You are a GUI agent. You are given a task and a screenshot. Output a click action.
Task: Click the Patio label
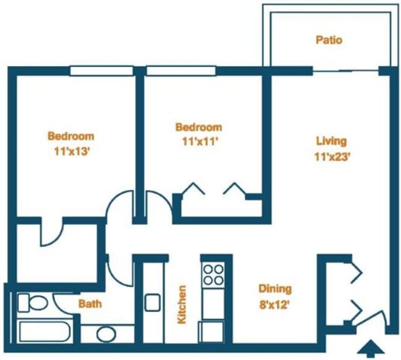click(x=329, y=40)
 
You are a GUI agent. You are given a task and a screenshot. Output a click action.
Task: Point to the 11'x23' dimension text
click(x=331, y=157)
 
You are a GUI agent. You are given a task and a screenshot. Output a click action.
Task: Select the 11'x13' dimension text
click(x=70, y=151)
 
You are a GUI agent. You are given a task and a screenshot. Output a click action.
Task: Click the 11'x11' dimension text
click(x=198, y=142)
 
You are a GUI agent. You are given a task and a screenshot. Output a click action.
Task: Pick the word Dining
click(x=275, y=289)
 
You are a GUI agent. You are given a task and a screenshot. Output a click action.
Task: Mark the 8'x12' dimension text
click(x=275, y=304)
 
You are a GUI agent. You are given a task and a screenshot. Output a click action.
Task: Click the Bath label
click(x=90, y=304)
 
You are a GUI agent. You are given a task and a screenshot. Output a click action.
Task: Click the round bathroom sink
click(x=105, y=334)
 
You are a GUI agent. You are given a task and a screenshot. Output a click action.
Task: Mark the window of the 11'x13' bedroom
click(x=102, y=70)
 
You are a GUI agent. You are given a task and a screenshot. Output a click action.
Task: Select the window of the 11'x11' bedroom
click(x=183, y=70)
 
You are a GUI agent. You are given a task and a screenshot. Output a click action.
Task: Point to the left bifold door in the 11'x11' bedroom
click(x=191, y=190)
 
